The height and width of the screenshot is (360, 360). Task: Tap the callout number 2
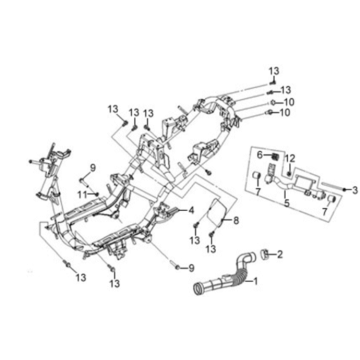(280, 255)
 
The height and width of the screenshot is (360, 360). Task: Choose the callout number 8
(237, 223)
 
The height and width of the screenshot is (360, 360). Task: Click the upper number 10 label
(288, 102)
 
